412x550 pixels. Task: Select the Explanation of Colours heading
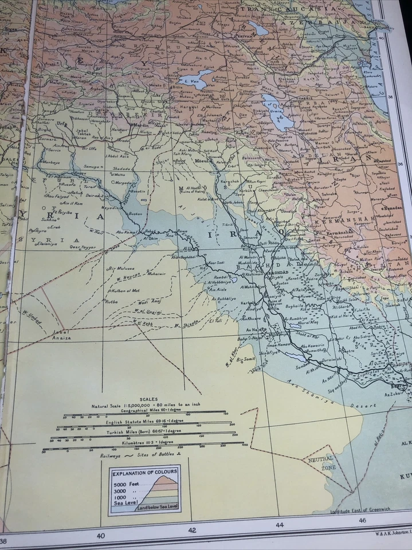pos(144,473)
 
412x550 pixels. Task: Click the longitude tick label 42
pos(192,530)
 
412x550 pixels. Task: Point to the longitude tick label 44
pos(280,525)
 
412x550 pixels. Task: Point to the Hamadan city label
pos(391,210)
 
